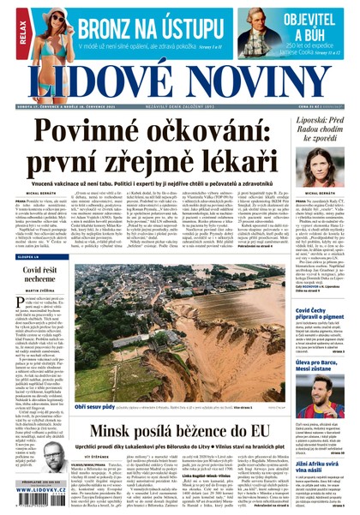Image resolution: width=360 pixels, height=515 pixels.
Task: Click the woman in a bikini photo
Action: pyautogui.click(x=51, y=31)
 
